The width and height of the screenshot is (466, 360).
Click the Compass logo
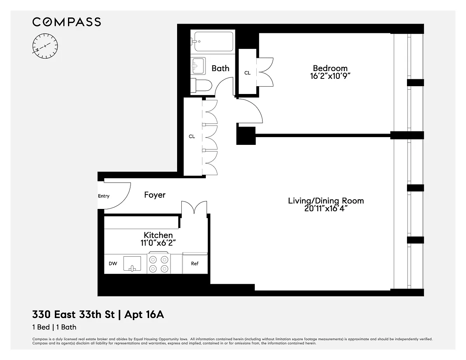66,22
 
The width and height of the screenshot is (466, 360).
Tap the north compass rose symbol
45,46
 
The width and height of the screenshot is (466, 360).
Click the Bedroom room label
330,68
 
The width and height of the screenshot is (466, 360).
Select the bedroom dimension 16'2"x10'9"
330,76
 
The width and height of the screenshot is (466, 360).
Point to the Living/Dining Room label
326,201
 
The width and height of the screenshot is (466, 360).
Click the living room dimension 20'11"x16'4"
326,209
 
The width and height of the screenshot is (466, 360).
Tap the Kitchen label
158,235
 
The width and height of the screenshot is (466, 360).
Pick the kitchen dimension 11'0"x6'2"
158,243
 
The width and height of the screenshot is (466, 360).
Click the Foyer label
155,195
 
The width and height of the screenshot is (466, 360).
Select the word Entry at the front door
104,196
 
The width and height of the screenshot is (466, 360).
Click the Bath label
221,68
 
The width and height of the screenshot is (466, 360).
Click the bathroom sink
198,66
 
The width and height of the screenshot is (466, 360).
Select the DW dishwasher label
113,264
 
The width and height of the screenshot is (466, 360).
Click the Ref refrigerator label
195,264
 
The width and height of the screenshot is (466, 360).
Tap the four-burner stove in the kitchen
159,264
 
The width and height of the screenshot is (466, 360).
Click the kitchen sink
132,264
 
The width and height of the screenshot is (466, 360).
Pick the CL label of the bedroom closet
247,73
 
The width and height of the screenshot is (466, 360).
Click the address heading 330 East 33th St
73,315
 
